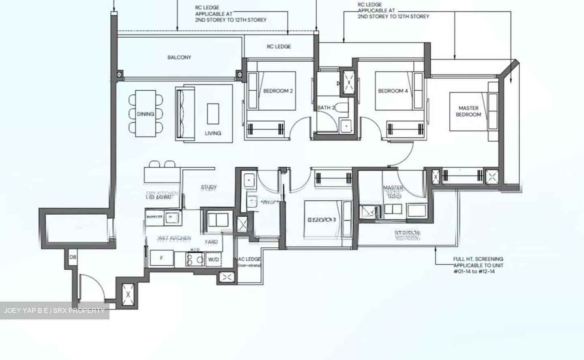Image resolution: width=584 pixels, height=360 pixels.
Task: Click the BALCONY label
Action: (x=179, y=57)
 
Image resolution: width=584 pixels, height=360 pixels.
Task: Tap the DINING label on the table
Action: (x=145, y=114)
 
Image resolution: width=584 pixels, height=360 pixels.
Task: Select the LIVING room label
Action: (x=213, y=133)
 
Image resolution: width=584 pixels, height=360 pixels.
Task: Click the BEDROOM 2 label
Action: (x=278, y=91)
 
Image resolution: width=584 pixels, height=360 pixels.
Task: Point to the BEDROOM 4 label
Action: (x=393, y=91)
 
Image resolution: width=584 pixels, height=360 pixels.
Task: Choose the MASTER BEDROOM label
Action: (x=468, y=111)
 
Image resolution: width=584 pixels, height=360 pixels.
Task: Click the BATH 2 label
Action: (x=326, y=108)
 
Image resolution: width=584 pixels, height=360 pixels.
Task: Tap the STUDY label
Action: (x=209, y=187)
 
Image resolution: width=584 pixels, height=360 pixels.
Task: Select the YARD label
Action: (x=211, y=242)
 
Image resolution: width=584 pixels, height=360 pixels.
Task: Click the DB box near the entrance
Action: (x=73, y=257)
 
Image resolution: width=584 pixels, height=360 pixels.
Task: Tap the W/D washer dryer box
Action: (x=213, y=259)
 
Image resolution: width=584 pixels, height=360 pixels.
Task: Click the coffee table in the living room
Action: (x=213, y=114)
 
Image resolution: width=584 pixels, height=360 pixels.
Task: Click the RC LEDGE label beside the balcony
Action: (x=279, y=47)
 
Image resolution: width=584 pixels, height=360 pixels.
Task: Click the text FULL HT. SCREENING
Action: (x=478, y=259)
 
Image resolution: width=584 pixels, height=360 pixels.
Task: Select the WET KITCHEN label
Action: (x=174, y=238)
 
